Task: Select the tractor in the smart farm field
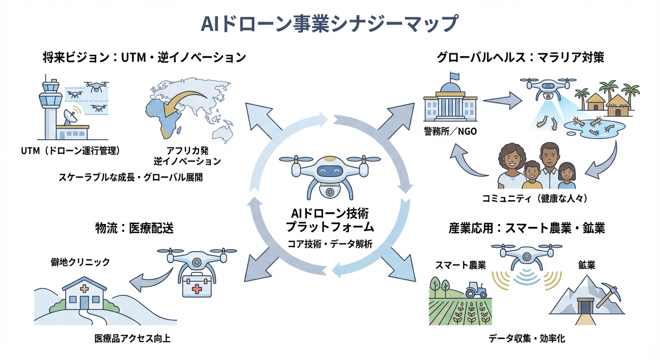(476, 290)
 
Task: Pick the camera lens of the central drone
(329, 192)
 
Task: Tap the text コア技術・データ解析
(329, 244)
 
